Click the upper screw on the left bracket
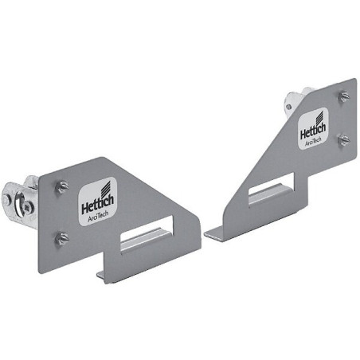(x=62, y=186)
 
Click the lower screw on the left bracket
(x=62, y=238)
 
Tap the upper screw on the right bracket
(x=344, y=96)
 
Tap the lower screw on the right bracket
(x=344, y=139)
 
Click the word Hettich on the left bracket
(x=98, y=204)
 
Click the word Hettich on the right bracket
(x=313, y=131)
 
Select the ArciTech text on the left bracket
(x=98, y=217)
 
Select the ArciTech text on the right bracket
(x=313, y=142)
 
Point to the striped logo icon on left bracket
(x=106, y=188)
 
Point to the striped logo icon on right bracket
(x=319, y=118)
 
